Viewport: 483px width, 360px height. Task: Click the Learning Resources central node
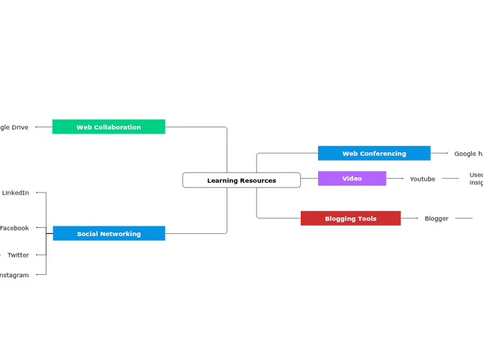tap(241, 180)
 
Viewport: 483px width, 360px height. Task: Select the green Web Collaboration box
tap(109, 127)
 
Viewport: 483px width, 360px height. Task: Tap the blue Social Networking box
tap(109, 233)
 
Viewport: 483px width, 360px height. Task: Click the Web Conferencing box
tap(374, 153)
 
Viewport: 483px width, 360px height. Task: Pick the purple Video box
tap(352, 179)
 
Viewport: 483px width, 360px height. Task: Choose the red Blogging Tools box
tap(351, 218)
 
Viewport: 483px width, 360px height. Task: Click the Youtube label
tap(423, 179)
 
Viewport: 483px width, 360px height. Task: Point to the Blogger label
tap(437, 218)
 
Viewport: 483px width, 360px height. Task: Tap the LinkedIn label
tap(15, 192)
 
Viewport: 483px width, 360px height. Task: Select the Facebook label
tap(15, 228)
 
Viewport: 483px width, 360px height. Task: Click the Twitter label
tap(18, 255)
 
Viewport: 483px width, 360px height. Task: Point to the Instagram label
tap(14, 275)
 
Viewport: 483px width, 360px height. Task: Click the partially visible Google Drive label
tap(14, 127)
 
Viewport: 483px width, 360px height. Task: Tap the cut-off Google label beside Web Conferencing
tap(468, 154)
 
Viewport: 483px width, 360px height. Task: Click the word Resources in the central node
tap(257, 181)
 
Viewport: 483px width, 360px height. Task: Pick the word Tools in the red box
tap(367, 219)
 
